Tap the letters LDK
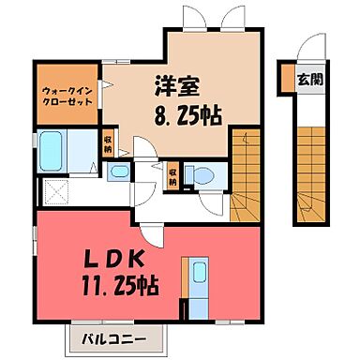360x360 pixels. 101,260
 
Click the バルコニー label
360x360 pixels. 104,337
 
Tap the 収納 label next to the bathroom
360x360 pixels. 109,145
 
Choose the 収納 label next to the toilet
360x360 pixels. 173,175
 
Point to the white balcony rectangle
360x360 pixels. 104,337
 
